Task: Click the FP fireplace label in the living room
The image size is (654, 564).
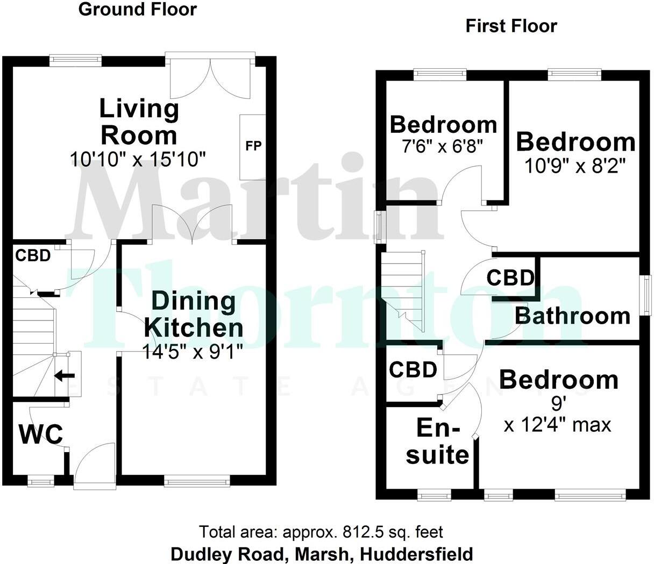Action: click(253, 146)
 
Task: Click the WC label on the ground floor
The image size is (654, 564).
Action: click(41, 434)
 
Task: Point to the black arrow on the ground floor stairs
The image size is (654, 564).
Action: click(65, 375)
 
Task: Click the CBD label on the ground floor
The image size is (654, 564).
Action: click(33, 255)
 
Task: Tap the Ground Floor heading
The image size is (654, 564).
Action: click(138, 9)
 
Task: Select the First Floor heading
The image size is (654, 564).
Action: click(511, 26)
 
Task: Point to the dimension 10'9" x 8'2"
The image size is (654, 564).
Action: click(575, 166)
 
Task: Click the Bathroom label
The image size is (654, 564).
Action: click(572, 316)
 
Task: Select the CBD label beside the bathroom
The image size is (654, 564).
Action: click(510, 278)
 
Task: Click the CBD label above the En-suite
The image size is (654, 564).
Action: click(413, 370)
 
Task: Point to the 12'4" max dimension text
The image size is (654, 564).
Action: click(558, 425)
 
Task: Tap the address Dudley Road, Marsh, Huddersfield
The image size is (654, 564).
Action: click(322, 553)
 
